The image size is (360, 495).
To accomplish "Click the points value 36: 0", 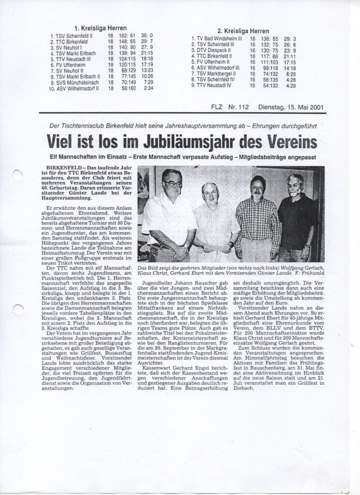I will point(147,35).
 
